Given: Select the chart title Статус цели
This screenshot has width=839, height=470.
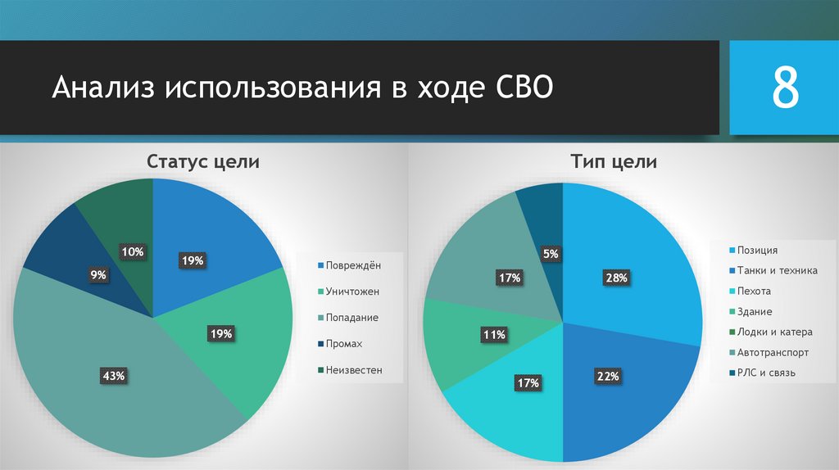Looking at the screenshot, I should [203, 162].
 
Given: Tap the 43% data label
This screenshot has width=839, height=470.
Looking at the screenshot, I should [113, 376].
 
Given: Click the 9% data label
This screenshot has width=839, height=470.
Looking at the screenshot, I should [98, 275].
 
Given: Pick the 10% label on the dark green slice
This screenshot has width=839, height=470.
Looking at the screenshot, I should [133, 252].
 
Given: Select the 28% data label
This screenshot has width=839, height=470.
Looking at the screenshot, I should [616, 278].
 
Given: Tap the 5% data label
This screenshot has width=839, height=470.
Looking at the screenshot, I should [551, 255].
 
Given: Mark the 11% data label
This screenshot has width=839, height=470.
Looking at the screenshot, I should [494, 334].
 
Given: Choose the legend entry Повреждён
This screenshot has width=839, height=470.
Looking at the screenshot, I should [352, 265].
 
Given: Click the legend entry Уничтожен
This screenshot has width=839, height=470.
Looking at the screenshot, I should [351, 291].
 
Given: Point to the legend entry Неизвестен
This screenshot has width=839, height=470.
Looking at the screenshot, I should [353, 370].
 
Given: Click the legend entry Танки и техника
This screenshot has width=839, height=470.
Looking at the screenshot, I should [776, 270].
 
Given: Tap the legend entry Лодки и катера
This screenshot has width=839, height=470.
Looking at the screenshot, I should [773, 332].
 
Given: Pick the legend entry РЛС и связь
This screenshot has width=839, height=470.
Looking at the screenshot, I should [766, 373].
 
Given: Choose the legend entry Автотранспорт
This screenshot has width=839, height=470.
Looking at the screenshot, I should [772, 352].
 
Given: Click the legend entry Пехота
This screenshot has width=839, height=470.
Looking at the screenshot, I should [753, 291].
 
